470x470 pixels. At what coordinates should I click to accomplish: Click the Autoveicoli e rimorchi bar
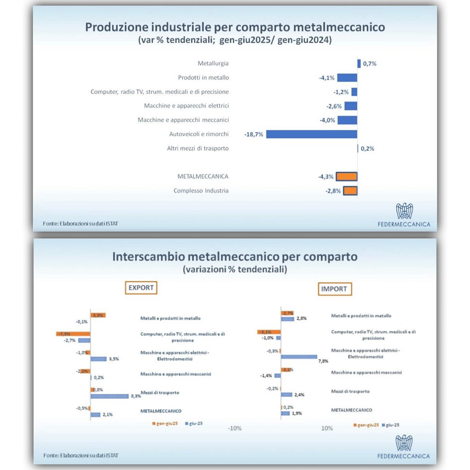click(x=312, y=134)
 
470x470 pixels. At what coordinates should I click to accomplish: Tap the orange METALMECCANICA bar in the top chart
click(x=347, y=177)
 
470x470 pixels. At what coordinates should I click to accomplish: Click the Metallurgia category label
click(x=213, y=64)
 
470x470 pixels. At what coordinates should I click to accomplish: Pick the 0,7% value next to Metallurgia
click(x=369, y=64)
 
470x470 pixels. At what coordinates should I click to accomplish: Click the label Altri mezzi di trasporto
click(x=197, y=148)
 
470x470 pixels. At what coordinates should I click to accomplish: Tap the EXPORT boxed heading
click(x=141, y=288)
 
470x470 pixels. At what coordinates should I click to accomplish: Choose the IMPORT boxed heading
click(x=335, y=289)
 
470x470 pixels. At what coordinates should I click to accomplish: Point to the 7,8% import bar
click(x=299, y=357)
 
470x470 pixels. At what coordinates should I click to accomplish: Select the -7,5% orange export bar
click(x=73, y=334)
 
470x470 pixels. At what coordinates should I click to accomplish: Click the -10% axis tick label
click(x=235, y=428)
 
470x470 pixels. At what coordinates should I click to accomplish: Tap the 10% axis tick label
click(x=327, y=428)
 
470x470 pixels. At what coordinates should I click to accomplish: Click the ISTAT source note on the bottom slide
click(x=80, y=455)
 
